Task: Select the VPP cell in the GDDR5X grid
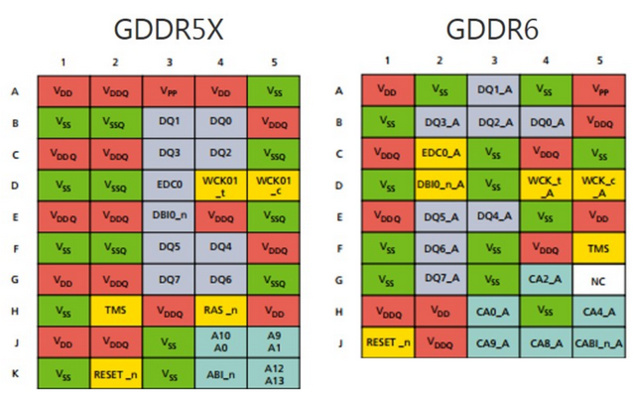click(169, 90)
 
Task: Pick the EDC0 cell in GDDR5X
click(169, 184)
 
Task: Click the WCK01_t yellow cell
click(220, 184)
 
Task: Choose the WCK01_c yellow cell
click(273, 184)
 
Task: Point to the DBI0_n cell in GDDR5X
click(169, 215)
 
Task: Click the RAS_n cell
click(220, 310)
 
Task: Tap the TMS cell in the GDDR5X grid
click(116, 310)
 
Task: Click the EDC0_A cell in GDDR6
click(439, 153)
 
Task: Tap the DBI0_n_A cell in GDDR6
click(439, 185)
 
